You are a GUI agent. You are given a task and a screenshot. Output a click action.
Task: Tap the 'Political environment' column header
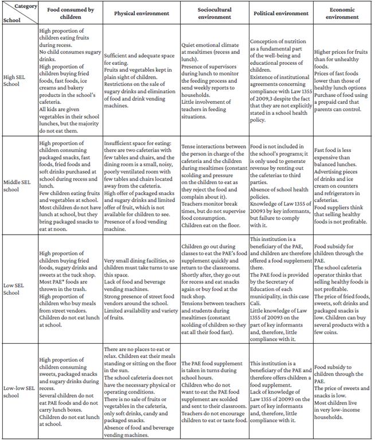pos(279,13)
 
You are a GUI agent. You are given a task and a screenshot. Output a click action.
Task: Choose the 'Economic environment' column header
pos(342,13)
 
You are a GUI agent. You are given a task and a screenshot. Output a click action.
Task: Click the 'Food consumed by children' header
pos(70,13)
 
